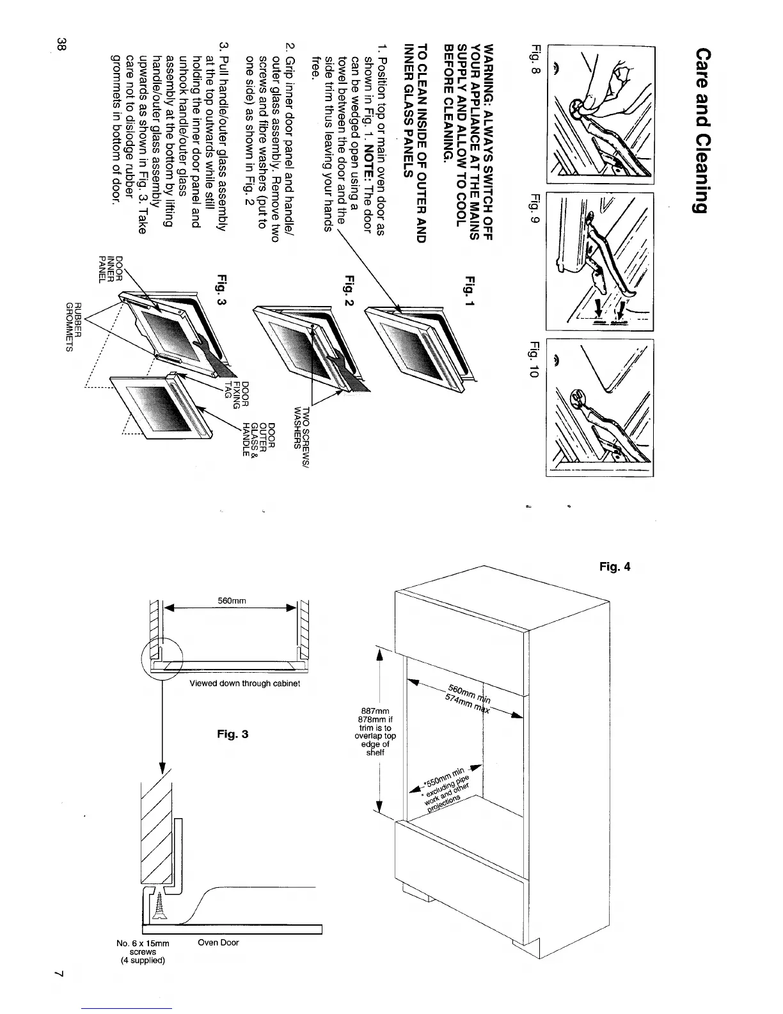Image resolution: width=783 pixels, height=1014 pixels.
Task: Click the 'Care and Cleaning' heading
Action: (x=699, y=131)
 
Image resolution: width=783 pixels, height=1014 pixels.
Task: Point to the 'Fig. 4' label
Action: (x=615, y=567)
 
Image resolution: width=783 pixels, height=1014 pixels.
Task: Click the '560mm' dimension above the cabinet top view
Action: (x=233, y=600)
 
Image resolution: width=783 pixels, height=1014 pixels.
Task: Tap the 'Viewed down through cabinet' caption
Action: (x=245, y=684)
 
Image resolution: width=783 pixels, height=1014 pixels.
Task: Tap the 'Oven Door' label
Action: (x=218, y=942)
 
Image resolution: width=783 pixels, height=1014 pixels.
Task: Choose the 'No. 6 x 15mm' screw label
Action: (x=143, y=943)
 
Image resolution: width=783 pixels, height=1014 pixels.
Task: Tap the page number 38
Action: (x=61, y=44)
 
